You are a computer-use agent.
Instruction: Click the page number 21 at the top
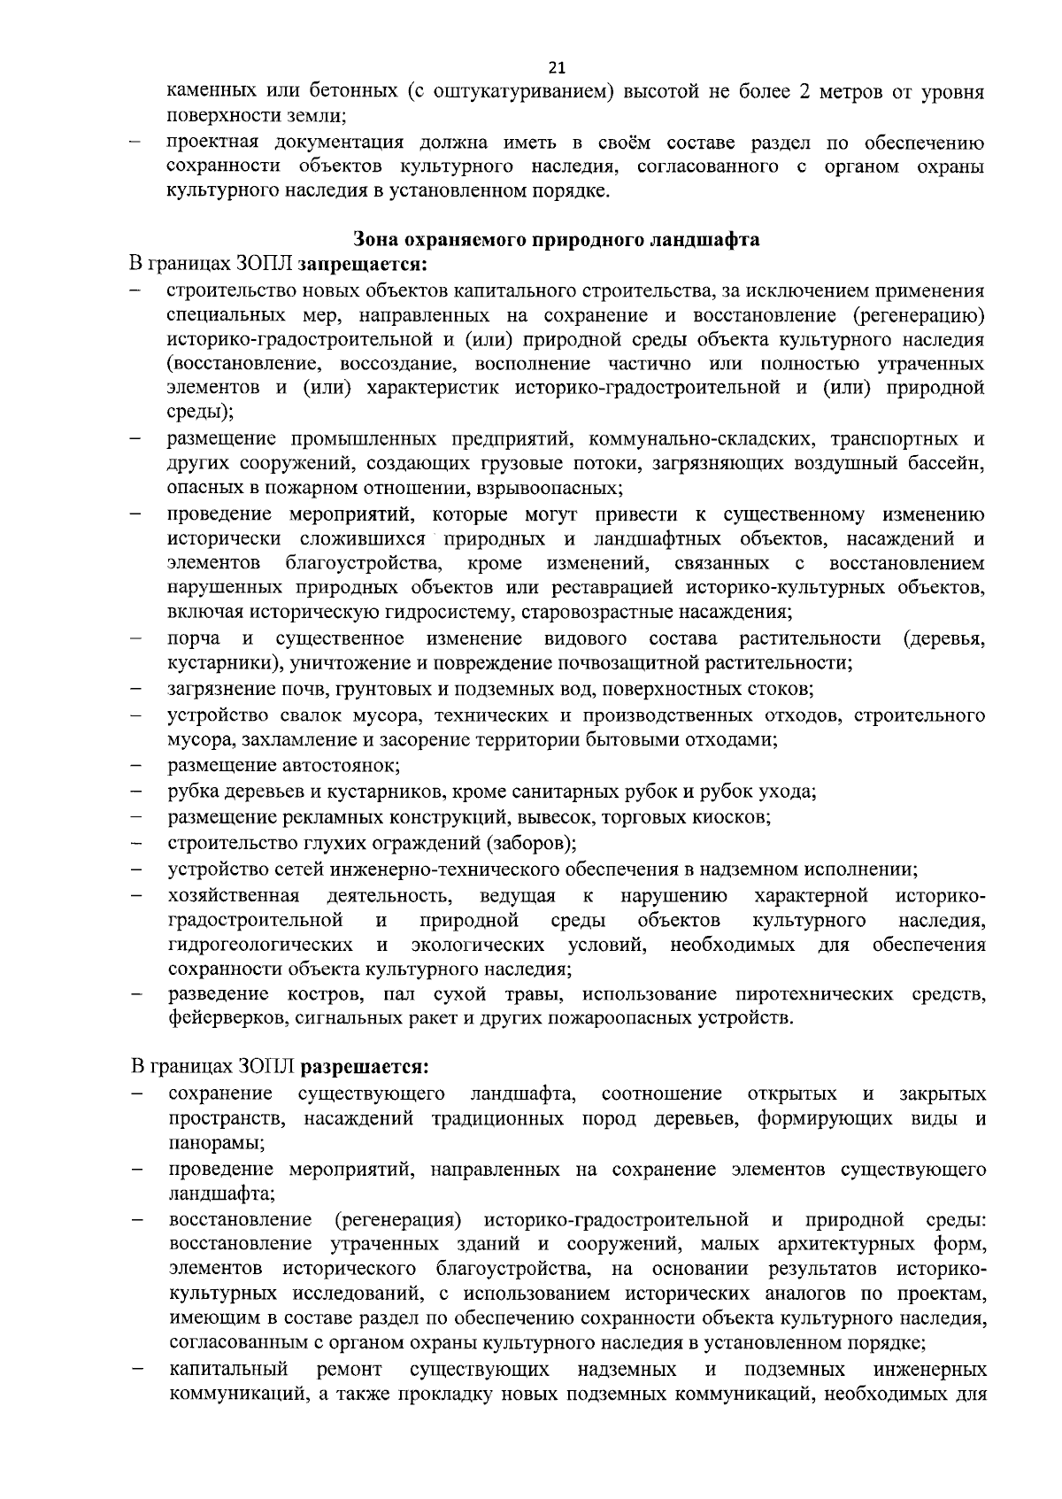point(557,68)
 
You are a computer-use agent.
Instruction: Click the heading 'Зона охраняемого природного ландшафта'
point(556,239)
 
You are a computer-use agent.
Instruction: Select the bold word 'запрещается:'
point(363,264)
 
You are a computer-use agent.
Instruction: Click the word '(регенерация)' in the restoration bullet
point(397,1221)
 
